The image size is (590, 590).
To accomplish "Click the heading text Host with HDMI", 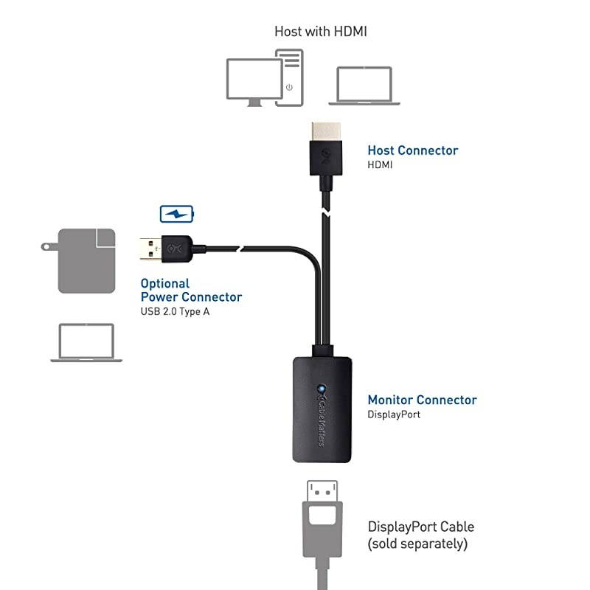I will pyautogui.click(x=321, y=31).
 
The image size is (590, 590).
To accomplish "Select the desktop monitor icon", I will pyautogui.click(x=254, y=80).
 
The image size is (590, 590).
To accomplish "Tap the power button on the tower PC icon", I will pyautogui.click(x=289, y=87).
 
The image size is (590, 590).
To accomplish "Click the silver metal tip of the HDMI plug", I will pyautogui.click(x=324, y=133).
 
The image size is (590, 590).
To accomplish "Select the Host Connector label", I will pyautogui.click(x=412, y=150).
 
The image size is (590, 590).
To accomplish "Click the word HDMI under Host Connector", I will pyautogui.click(x=380, y=165).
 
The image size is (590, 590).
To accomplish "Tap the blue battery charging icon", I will pyautogui.click(x=177, y=214).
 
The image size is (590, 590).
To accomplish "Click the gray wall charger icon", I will pyautogui.click(x=86, y=260).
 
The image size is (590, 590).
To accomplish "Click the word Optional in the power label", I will pyautogui.click(x=164, y=283).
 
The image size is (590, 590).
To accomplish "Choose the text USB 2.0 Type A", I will pyautogui.click(x=181, y=311).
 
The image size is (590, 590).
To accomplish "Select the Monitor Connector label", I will pyautogui.click(x=422, y=400).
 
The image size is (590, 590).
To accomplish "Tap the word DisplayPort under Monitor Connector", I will pyautogui.click(x=394, y=414).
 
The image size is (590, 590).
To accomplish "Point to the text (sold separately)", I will pyautogui.click(x=417, y=544).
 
